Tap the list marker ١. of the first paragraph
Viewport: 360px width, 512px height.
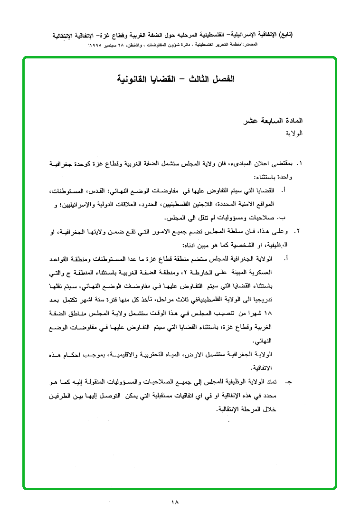coord(299,163)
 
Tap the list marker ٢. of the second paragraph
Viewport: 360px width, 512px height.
coord(299,231)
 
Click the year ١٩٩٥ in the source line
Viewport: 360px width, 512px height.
coord(98,44)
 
